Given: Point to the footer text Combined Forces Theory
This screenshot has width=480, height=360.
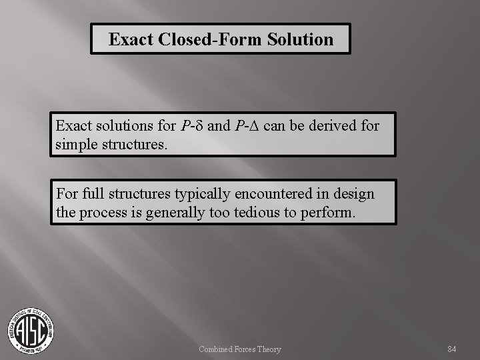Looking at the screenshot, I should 240,349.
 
